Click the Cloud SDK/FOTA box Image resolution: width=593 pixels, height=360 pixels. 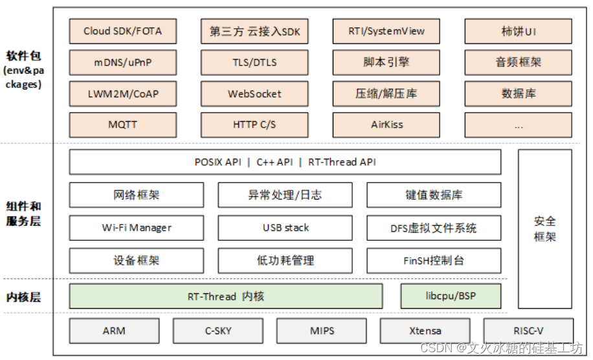pos(122,31)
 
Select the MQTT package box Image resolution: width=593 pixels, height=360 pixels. pos(122,124)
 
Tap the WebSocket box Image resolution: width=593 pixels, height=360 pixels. pos(254,94)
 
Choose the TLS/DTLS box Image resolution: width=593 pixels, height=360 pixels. pos(254,63)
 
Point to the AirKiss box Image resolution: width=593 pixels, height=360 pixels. pos(386,124)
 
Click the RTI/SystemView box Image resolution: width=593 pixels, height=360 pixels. pos(386,31)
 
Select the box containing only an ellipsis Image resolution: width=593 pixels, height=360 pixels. pos(518,124)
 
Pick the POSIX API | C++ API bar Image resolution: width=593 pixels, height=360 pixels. pos(285,162)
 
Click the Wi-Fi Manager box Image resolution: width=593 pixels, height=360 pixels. pos(136,228)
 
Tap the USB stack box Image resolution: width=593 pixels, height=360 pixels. pos(285,228)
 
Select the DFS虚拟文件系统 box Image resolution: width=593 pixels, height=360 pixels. pos(433,228)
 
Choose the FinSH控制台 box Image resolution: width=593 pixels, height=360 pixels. pos(433,261)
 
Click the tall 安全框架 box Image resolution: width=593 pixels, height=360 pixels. pos(544,229)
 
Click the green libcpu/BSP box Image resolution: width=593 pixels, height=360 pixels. pos(451,297)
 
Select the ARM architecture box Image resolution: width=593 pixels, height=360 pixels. pos(114,331)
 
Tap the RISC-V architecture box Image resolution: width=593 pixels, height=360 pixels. pos(528,331)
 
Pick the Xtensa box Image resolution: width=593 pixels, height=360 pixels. pos(425,331)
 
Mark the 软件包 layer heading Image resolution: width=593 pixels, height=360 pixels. pos(23,55)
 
